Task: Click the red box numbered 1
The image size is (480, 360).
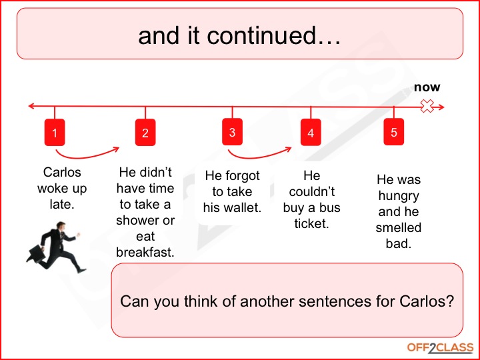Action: [55, 133]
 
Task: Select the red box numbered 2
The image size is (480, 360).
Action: [145, 133]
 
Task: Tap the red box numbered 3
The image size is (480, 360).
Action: [232, 132]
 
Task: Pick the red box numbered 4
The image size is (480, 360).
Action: [310, 133]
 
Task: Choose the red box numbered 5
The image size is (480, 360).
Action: [394, 132]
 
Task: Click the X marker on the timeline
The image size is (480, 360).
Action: [427, 107]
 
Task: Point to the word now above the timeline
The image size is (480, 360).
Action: [427, 87]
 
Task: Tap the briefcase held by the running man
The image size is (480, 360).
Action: [35, 253]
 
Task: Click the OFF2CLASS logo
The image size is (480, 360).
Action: [440, 347]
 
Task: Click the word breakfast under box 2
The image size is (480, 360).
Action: [145, 252]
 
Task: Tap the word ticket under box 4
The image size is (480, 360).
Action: [311, 223]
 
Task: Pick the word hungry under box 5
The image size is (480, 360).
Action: [399, 196]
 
